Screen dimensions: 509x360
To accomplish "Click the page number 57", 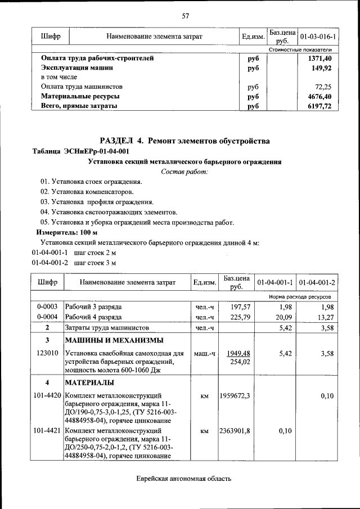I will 185,15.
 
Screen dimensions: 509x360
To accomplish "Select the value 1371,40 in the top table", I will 320,58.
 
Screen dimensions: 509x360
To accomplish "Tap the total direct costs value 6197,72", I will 319,106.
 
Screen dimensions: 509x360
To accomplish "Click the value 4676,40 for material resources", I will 319,96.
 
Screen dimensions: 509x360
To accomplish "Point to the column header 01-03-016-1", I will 318,37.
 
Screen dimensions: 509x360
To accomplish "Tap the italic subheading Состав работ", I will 184,172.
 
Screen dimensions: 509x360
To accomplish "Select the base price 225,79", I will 236,317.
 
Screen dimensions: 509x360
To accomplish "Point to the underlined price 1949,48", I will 236,353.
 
